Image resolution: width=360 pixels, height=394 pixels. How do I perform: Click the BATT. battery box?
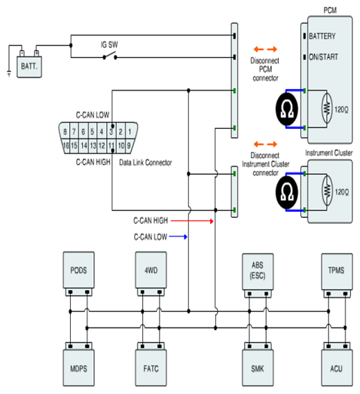pos(29,66)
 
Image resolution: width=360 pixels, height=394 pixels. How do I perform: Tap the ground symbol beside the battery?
pos(9,73)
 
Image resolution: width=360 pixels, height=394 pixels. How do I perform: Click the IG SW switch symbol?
pos(110,56)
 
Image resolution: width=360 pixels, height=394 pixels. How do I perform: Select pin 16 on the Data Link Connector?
pos(66,145)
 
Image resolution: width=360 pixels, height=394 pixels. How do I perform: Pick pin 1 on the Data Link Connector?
pos(130,131)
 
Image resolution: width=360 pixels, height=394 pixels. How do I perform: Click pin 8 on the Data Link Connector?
pos(65,131)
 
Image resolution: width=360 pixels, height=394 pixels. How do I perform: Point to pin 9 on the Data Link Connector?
pos(129,145)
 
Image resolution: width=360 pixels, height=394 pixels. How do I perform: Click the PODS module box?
pos(78,270)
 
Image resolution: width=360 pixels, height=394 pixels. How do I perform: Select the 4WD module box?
pos(151,270)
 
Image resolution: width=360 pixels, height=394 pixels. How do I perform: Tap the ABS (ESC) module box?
pos(258,271)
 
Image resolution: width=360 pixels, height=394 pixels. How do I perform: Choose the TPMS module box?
pos(337,271)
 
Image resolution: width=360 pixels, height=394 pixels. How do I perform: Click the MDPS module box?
pos(78,368)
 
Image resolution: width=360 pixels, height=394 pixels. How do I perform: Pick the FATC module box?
pos(151,368)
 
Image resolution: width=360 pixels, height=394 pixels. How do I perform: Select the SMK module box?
pos(258,368)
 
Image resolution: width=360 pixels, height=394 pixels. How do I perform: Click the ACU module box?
pos(337,368)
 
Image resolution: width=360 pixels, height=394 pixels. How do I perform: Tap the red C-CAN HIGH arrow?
pos(192,221)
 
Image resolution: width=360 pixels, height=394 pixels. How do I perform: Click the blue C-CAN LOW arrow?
pos(178,237)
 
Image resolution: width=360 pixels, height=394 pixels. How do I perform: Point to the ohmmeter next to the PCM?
pos(287,109)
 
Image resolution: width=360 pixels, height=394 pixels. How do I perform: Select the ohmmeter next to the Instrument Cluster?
pos(287,192)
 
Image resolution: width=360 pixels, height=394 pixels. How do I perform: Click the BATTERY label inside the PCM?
pos(322,36)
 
